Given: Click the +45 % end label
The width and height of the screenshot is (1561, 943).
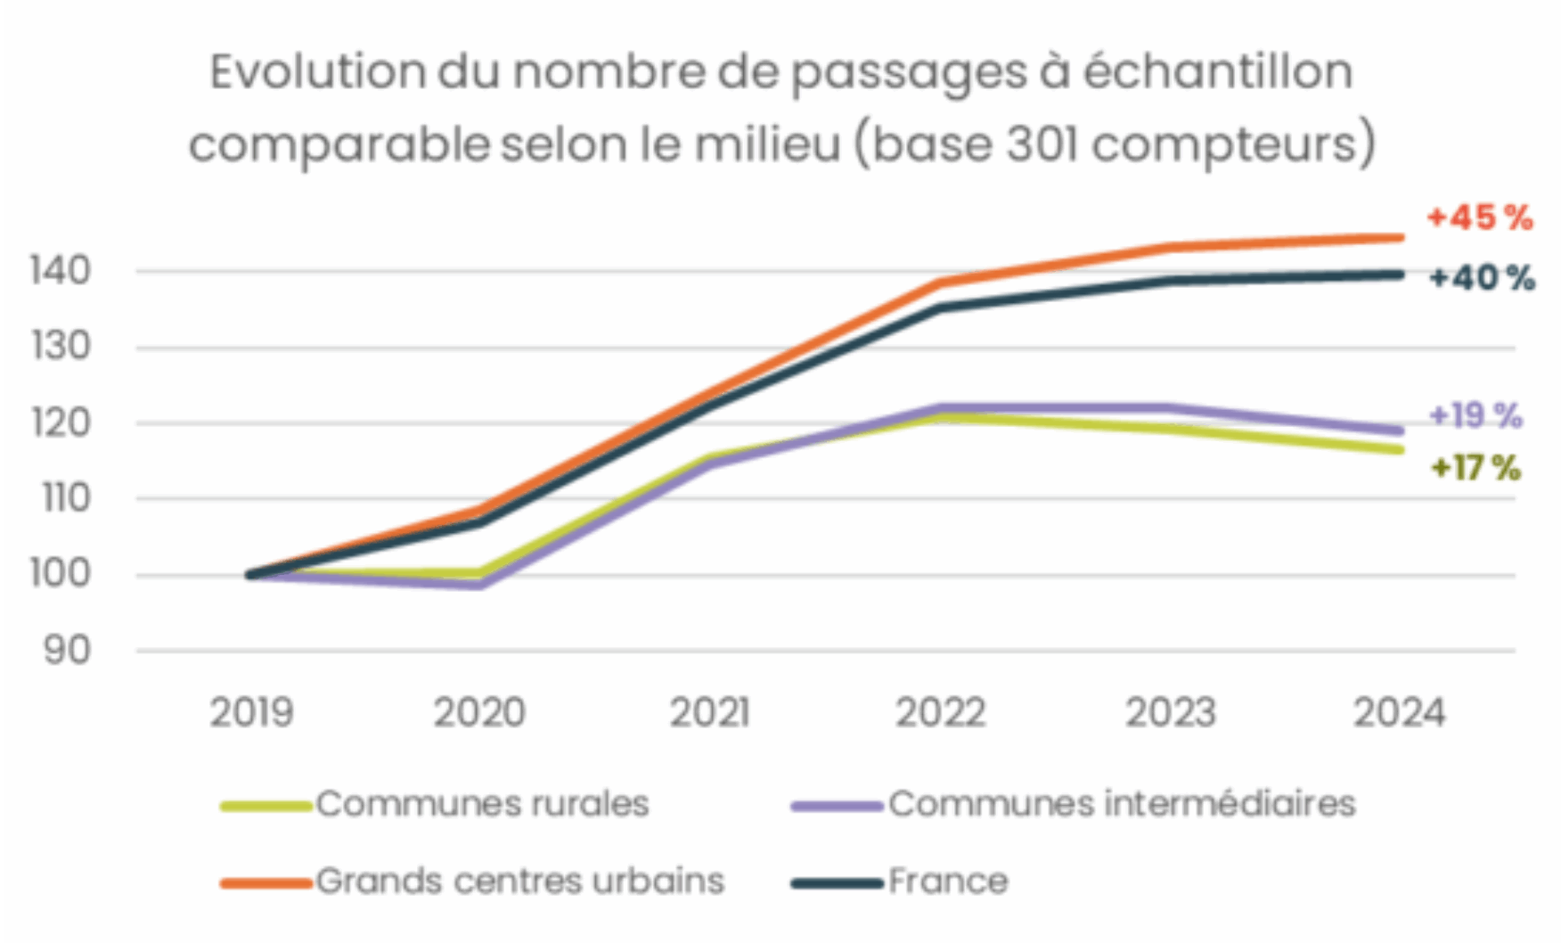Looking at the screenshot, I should point(1479,217).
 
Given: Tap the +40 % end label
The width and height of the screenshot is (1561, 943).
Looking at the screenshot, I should point(1481,278).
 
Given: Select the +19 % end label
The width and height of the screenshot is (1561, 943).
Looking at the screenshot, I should point(1475,415).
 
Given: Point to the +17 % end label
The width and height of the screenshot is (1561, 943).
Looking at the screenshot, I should point(1475,468).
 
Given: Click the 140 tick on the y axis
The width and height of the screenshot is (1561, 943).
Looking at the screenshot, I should point(61,271).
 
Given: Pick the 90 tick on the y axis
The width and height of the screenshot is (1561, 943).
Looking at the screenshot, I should point(68,652).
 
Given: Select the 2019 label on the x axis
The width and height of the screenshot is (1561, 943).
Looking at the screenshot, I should point(251,713).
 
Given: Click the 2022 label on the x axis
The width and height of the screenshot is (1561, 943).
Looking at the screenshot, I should point(940,713).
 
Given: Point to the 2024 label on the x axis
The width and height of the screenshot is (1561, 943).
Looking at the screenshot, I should point(1399,713).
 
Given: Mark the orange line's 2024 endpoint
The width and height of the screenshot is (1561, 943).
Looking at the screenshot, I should point(1401,237).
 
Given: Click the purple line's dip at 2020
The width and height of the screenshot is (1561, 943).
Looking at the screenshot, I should point(480,585).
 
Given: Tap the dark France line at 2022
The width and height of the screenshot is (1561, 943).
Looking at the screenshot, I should point(941,307).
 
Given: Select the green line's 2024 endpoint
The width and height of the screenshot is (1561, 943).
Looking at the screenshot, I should point(1401,449).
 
